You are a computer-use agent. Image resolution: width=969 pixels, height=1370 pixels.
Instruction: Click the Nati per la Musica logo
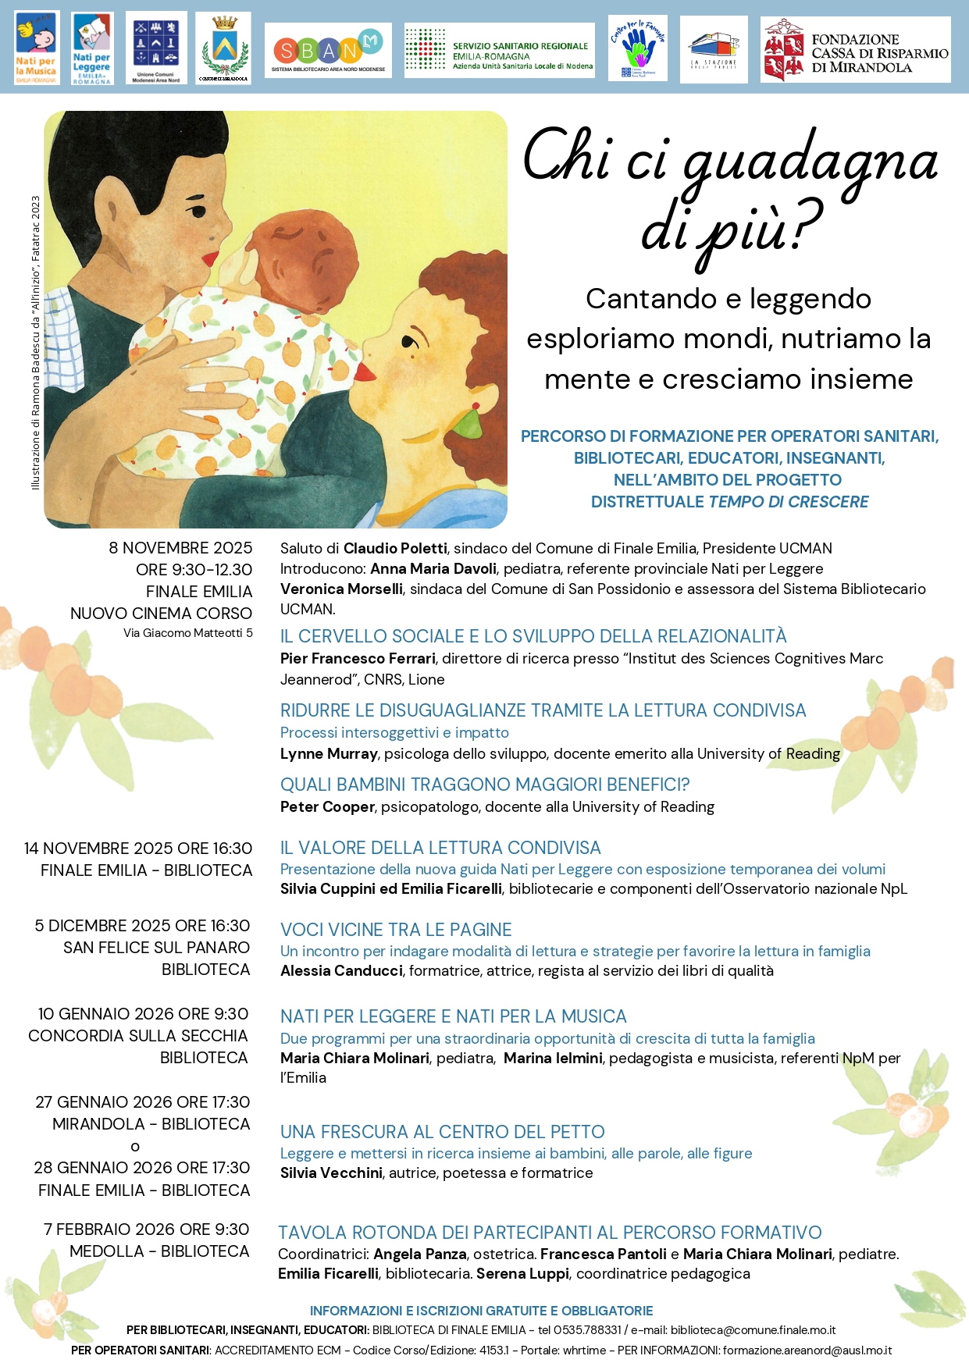tap(36, 48)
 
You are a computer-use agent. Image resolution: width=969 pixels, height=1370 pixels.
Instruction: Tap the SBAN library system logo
tap(328, 51)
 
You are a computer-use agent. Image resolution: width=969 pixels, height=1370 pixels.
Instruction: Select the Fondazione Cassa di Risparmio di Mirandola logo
tap(855, 51)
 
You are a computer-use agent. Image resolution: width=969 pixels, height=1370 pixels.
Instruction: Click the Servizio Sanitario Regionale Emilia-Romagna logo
tap(499, 51)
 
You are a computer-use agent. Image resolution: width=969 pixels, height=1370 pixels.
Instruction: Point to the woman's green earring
tap(468, 424)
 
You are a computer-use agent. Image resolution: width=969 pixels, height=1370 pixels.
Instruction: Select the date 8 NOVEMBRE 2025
tap(180, 548)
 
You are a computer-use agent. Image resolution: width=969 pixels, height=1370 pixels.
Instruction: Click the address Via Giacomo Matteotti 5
tap(187, 633)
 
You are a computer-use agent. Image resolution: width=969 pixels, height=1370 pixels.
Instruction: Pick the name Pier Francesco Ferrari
tap(358, 659)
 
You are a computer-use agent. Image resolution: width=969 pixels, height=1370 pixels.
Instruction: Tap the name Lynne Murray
tap(329, 754)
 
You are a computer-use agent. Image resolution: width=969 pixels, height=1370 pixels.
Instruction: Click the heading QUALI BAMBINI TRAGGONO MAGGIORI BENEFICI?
tap(485, 785)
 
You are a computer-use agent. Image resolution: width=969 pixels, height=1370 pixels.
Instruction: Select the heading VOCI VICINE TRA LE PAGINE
tap(396, 930)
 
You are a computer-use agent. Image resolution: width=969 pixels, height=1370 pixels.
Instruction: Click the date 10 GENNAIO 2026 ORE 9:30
tap(143, 1014)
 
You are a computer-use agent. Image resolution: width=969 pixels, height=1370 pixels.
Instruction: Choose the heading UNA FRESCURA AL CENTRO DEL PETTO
tap(442, 1132)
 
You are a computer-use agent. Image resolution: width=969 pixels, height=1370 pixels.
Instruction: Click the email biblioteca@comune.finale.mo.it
tap(753, 1330)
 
